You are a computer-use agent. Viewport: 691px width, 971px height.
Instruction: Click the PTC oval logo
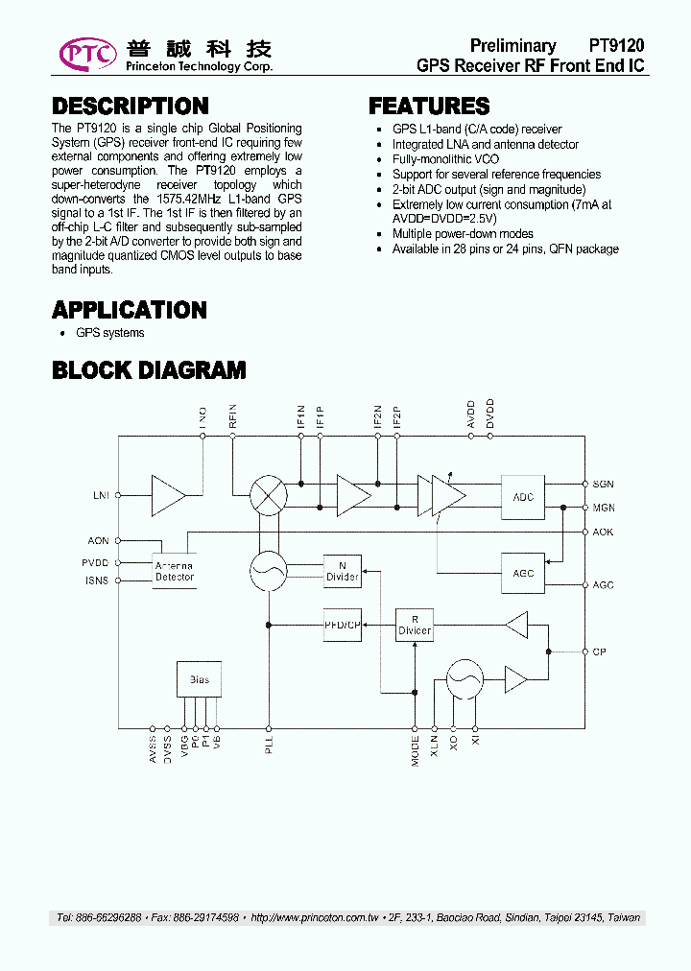pos(88,54)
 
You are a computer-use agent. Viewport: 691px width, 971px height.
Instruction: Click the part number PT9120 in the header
pos(616,45)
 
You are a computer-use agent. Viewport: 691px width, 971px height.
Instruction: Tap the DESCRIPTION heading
pos(130,106)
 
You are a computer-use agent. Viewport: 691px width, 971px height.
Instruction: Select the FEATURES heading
pos(429,106)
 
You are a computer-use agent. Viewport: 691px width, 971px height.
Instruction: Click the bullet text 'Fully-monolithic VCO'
pos(445,159)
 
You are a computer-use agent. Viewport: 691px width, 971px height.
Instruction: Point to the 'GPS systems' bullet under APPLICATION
pos(109,333)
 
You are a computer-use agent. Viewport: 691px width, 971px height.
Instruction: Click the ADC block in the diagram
pos(523,497)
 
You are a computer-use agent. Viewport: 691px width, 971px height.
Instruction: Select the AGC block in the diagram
pos(523,573)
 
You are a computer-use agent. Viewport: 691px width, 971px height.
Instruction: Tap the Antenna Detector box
pos(175,572)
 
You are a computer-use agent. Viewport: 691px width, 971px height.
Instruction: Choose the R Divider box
pos(415,626)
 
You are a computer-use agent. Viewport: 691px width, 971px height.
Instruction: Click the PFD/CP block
pos(342,625)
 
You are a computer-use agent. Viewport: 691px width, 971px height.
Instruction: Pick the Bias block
pos(199,679)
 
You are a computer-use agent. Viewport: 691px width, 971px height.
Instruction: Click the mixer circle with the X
pos(269,496)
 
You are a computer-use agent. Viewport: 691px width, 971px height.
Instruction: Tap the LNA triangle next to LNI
pos(168,495)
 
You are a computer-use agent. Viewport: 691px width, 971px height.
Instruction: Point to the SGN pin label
pos(603,485)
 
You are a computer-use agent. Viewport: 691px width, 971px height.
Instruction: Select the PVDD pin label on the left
pos(95,563)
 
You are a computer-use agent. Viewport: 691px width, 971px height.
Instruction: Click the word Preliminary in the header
pos(512,45)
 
